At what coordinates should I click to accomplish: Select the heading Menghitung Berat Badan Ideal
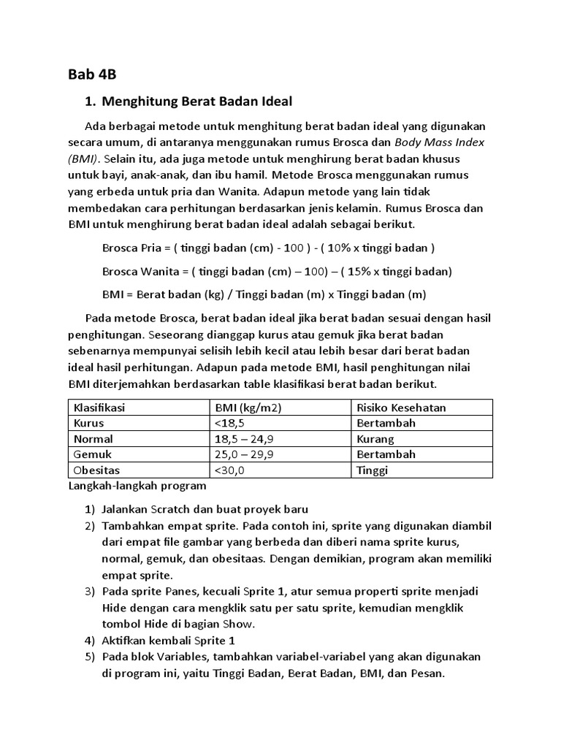point(196,101)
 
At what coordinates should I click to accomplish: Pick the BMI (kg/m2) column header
point(248,407)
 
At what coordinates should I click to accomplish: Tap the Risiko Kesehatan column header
point(401,407)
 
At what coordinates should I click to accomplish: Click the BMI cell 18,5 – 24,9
point(245,439)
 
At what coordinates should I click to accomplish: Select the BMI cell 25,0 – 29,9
point(245,454)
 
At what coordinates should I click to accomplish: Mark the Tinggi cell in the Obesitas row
point(373,470)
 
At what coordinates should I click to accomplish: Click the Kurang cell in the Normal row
point(375,439)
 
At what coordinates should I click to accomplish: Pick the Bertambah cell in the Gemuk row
point(386,454)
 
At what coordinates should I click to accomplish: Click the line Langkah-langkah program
point(137,485)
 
